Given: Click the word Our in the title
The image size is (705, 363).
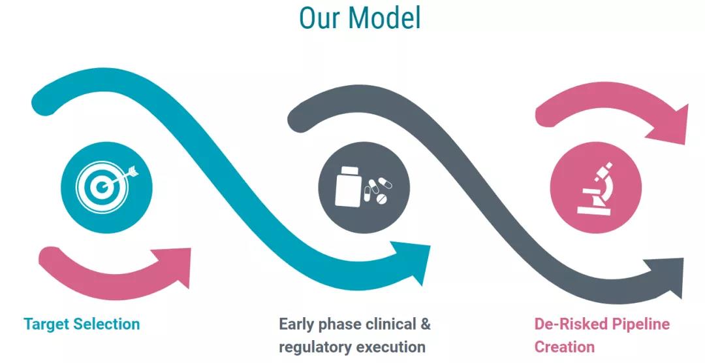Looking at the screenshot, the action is pos(319,18).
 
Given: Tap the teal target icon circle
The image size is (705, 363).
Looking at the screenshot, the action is pos(106,187).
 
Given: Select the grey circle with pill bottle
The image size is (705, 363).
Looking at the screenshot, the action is pos(364,187).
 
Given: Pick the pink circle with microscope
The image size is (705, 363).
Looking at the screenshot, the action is pos(596,187).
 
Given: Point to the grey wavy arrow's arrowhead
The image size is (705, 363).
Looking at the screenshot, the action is pos(665,275).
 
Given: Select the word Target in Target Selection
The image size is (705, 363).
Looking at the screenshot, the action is pos(47,324).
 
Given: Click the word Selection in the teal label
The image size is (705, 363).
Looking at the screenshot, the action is pos(106,324).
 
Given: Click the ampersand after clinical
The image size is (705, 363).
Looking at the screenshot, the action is pos(426,324).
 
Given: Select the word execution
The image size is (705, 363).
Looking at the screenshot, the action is pos(391,347).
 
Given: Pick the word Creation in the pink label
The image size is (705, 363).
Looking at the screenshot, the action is pos(564,347).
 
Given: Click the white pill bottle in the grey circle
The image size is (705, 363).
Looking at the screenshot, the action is pos(348,186).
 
